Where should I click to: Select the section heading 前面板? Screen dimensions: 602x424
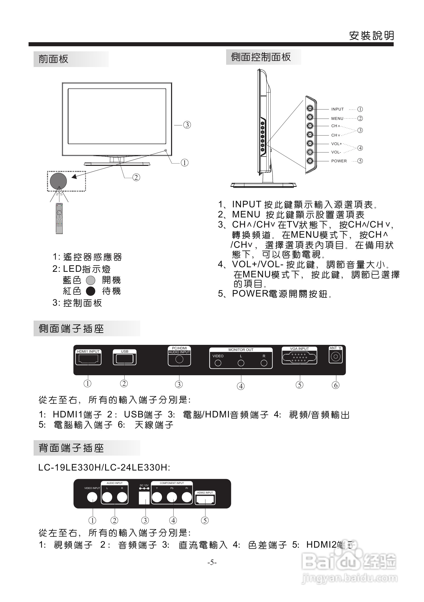coord(53,59)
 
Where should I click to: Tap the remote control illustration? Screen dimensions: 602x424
coord(59,218)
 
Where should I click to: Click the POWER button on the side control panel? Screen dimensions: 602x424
coord(310,161)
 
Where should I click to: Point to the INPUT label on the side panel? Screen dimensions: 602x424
coord(337,109)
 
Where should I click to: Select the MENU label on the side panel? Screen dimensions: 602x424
coord(337,119)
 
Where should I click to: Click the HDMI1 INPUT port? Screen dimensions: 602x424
coord(88,359)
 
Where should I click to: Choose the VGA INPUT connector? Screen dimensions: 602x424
coord(299,357)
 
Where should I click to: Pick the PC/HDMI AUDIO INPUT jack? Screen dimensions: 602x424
coord(179,360)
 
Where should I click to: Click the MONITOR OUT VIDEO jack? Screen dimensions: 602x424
coord(218,363)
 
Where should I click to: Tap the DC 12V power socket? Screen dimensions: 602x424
coord(144,498)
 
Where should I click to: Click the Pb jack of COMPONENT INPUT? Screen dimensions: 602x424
coord(172,497)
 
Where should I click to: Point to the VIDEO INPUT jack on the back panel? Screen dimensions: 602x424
coord(92,497)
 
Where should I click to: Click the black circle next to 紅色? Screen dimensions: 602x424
coord(91,291)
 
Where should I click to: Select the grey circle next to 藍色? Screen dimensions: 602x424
coord(91,280)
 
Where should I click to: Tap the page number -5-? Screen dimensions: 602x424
coord(212,562)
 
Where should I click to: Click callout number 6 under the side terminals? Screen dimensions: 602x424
coord(335,385)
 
